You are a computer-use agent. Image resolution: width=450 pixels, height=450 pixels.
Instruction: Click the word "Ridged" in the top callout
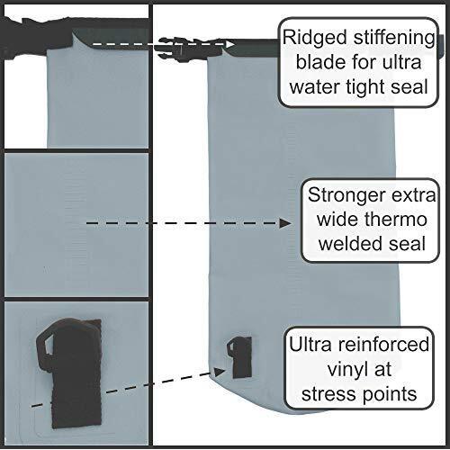[x=315, y=38]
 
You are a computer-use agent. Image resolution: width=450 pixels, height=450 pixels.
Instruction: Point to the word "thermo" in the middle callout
[x=397, y=219]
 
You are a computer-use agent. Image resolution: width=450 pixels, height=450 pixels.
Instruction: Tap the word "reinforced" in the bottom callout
[x=383, y=344]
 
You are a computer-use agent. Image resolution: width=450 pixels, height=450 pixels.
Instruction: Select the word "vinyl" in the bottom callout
[x=348, y=370]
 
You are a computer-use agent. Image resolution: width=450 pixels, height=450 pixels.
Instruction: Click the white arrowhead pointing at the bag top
[x=230, y=44]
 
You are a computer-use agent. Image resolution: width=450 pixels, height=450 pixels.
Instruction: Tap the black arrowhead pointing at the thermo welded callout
[x=285, y=223]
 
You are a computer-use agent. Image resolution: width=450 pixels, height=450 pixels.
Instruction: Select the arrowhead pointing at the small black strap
[x=220, y=372]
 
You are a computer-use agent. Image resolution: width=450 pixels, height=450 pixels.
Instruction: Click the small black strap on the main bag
[x=239, y=356]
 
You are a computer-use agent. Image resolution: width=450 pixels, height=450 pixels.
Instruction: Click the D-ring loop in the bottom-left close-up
[x=44, y=345]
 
